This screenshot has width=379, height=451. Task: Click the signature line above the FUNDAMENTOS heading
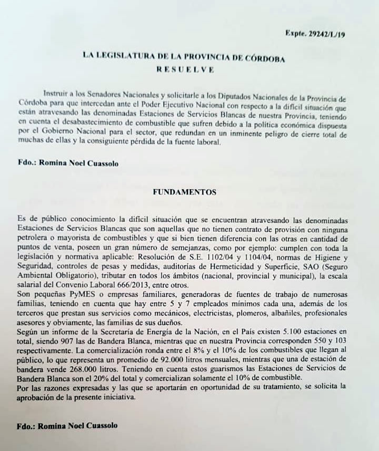pos(67,163)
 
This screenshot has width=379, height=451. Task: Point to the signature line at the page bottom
pos(67,425)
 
